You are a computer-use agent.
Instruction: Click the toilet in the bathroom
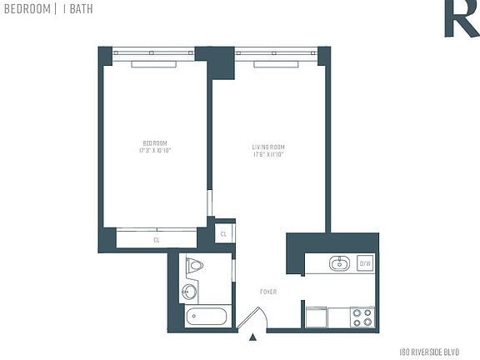[195, 266]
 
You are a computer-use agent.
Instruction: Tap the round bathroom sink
[189, 292]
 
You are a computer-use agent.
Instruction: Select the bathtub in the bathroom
[205, 317]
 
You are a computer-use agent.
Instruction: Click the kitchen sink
[338, 265]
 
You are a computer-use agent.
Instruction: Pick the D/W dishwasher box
[364, 264]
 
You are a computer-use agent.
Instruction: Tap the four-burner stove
[362, 317]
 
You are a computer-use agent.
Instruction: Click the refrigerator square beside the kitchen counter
[316, 317]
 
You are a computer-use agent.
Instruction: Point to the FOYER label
[268, 292]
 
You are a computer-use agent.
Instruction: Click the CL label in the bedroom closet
[156, 240]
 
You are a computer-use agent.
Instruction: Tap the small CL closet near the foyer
[222, 234]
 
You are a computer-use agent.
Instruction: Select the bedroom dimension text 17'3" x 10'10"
[154, 151]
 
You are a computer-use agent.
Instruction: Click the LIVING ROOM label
[269, 147]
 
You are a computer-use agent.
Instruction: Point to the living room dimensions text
[269, 155]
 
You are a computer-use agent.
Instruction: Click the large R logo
[459, 17]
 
